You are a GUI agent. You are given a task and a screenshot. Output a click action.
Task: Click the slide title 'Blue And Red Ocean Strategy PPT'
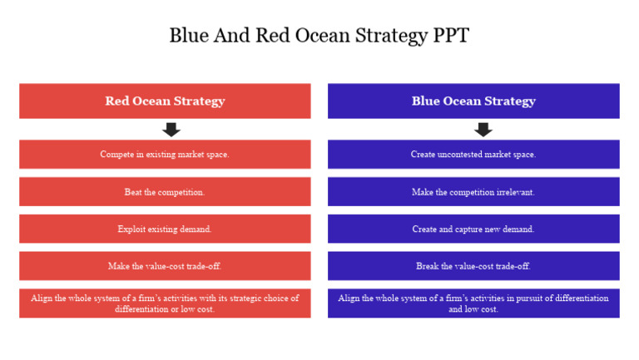click(x=319, y=36)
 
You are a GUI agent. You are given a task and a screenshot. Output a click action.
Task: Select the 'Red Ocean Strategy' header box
click(x=165, y=101)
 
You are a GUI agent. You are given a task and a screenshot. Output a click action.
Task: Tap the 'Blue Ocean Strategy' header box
click(x=473, y=101)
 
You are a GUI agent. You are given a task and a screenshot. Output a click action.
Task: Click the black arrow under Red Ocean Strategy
click(x=171, y=130)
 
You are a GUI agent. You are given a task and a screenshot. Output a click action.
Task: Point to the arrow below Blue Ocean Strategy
click(x=483, y=130)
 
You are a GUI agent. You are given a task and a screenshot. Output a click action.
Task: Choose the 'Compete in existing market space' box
click(x=165, y=154)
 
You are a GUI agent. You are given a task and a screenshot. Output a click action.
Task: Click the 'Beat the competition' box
click(x=165, y=191)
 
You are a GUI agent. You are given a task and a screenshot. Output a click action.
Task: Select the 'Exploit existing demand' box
click(x=165, y=229)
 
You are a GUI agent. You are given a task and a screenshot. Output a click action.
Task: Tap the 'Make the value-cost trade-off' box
click(x=165, y=266)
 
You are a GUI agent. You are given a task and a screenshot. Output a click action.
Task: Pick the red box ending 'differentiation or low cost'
click(x=165, y=303)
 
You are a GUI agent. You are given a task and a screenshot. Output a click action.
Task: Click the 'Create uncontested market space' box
click(x=473, y=154)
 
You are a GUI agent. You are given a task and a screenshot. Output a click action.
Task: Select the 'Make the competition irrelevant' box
click(x=473, y=191)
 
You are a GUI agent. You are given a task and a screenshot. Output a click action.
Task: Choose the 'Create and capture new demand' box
click(x=473, y=229)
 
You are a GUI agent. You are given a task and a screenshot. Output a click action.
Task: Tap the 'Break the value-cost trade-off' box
click(x=473, y=266)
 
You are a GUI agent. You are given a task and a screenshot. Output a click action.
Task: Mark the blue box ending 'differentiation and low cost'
click(x=473, y=303)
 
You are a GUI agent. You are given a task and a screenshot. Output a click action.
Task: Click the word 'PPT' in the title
click(x=450, y=36)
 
